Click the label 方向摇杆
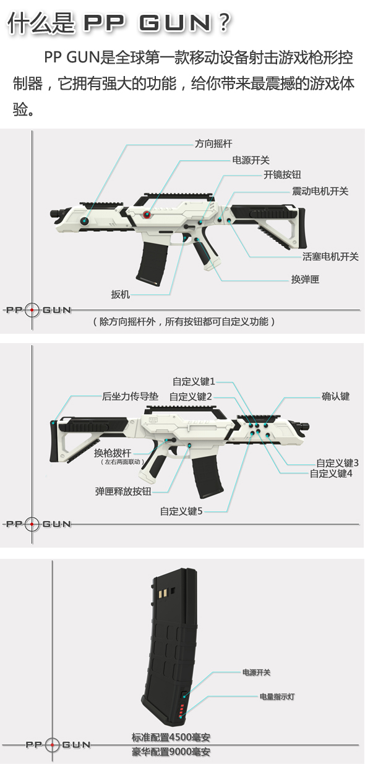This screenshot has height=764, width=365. click(213, 143)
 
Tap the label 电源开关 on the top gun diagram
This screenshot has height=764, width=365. click(251, 160)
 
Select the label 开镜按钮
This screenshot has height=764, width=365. click(282, 175)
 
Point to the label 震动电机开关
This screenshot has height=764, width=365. click(320, 191)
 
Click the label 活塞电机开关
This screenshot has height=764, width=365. click(330, 257)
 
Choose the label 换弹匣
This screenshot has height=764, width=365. click(305, 279)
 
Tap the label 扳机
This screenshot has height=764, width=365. click(120, 294)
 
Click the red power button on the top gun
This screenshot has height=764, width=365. click(147, 214)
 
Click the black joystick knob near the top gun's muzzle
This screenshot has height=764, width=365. click(84, 221)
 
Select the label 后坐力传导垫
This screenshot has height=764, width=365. click(130, 396)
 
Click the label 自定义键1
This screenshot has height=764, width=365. click(194, 381)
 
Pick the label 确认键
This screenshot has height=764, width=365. click(336, 396)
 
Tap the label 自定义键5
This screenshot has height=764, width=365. click(181, 511)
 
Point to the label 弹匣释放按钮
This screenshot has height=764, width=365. click(123, 491)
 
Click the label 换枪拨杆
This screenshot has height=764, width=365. click(113, 452)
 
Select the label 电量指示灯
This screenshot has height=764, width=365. click(277, 697)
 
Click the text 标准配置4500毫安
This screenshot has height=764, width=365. click(171, 737)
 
